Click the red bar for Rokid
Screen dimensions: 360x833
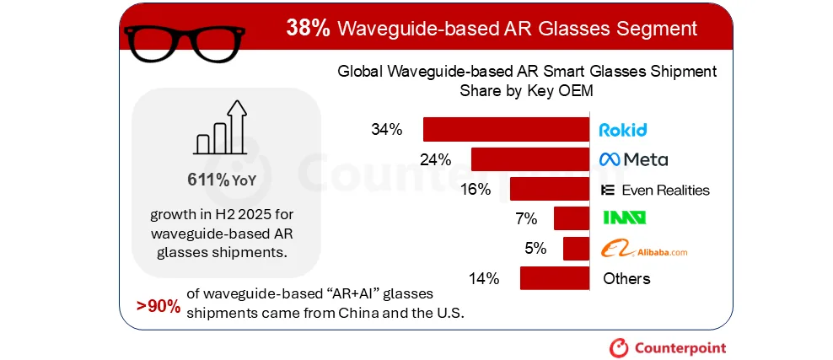tap(506, 130)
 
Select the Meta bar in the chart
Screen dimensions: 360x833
tap(529, 159)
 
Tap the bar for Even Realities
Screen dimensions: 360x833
tap(549, 189)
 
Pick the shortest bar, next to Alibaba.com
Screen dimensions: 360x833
tap(576, 249)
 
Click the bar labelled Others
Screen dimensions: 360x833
tap(554, 278)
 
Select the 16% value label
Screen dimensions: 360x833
tap(476, 189)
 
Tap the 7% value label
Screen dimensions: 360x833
tap(526, 219)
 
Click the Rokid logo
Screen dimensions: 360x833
tap(622, 130)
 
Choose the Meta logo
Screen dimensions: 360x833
tap(633, 159)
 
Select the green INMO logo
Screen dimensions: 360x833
tap(624, 218)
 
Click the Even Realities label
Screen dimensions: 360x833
tap(655, 190)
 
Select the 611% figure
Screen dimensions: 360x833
tap(207, 180)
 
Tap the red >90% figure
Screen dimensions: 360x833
tap(159, 306)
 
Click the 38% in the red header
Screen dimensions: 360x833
tap(308, 28)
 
